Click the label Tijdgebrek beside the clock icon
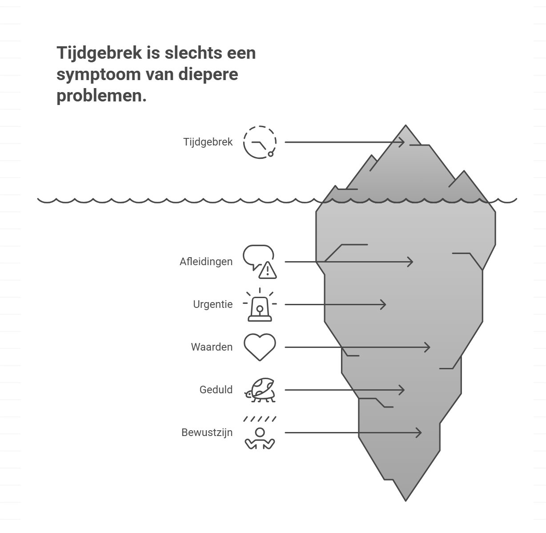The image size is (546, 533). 208,142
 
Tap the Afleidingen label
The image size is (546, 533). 206,262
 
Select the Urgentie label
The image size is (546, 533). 213,304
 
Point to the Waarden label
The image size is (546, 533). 212,347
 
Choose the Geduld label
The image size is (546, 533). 216,390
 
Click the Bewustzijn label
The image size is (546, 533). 207,432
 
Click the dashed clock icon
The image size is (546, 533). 260,142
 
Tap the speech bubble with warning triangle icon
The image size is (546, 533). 260,262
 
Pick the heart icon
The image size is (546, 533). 260,347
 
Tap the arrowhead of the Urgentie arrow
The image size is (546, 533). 384,304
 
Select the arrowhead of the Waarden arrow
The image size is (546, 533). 428,347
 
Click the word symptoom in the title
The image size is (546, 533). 98,74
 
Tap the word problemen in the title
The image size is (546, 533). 101,96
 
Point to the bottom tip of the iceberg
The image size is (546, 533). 405,499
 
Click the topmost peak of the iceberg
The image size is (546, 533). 405,126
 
